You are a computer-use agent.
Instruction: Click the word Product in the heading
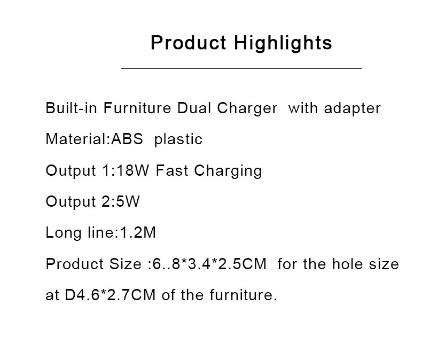pos(189,43)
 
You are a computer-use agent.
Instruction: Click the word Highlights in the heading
pos(283,43)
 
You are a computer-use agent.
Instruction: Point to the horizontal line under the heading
pos(241,68)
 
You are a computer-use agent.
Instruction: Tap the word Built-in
pos(72,108)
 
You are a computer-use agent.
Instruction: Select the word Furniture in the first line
pos(137,108)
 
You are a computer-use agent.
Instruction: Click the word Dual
pos(194,108)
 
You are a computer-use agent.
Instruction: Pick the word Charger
pos(247,109)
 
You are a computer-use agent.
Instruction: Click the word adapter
pos(353,109)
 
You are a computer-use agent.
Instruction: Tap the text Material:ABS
pos(94,139)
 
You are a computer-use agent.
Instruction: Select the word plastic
pos(178,139)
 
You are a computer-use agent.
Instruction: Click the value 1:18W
pos(126,170)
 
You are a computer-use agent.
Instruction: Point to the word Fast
pos(171,170)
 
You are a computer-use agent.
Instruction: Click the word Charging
pos(228,171)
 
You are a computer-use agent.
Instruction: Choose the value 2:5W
pos(121,201)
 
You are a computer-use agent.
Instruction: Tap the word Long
pos(64,233)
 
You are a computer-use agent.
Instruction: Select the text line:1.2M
pos(122,232)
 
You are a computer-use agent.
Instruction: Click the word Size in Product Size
pos(125,264)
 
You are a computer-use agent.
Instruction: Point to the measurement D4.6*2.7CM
pos(111,295)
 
